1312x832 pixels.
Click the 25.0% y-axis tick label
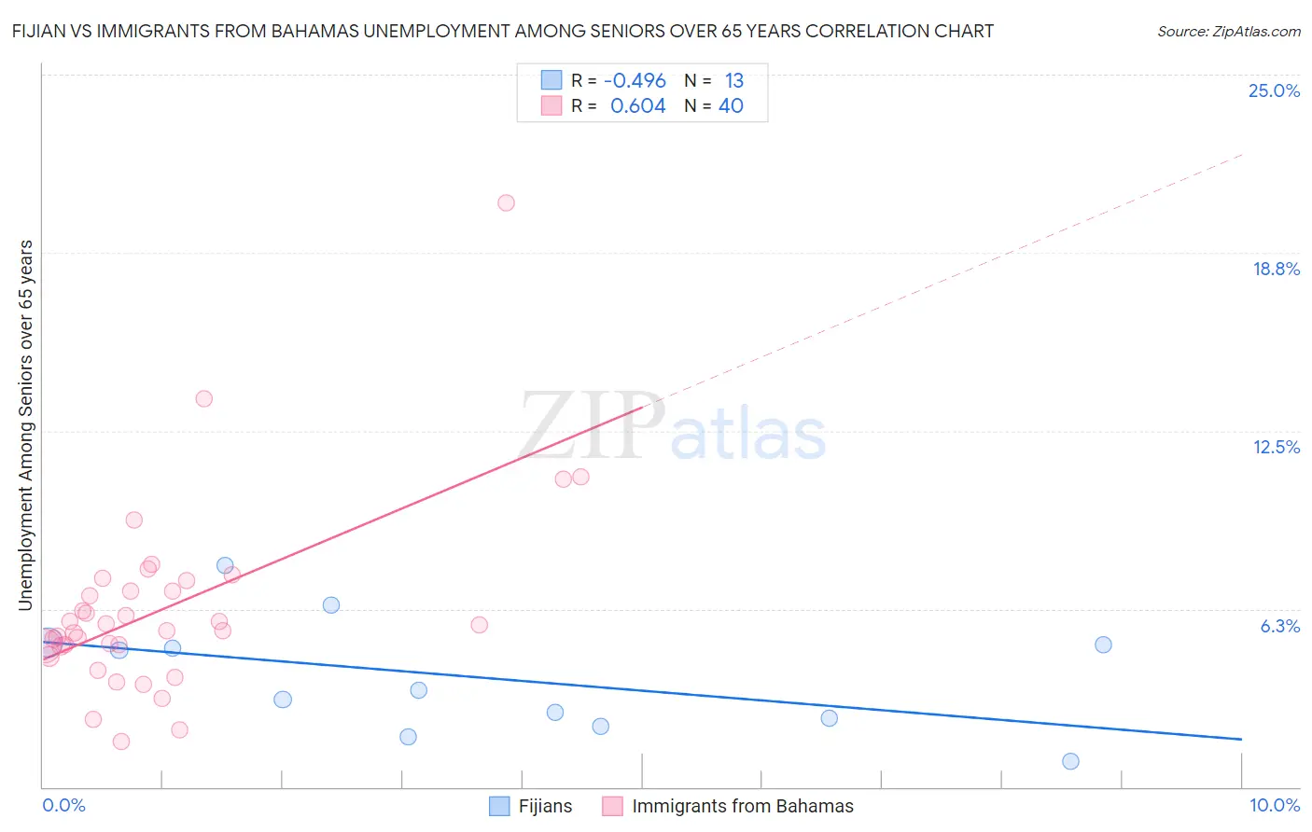pos(1274,90)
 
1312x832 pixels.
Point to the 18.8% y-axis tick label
pos(1276,269)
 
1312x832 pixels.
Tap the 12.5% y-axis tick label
pos(1276,447)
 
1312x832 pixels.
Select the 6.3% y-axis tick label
pos(1279,626)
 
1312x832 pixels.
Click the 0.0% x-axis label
pos(63,805)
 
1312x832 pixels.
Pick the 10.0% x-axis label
pos(1274,805)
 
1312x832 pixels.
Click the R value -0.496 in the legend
pos(635,81)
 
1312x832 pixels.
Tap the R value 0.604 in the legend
pos(637,106)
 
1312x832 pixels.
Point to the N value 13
pos(733,81)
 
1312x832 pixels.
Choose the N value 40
pos(731,106)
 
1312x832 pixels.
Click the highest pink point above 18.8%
pos(506,202)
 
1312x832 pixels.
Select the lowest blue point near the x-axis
pos(1070,761)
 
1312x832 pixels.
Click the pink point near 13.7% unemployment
pos(203,398)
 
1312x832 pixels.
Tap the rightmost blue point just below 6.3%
pos(1103,645)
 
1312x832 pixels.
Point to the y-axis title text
pos(25,425)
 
